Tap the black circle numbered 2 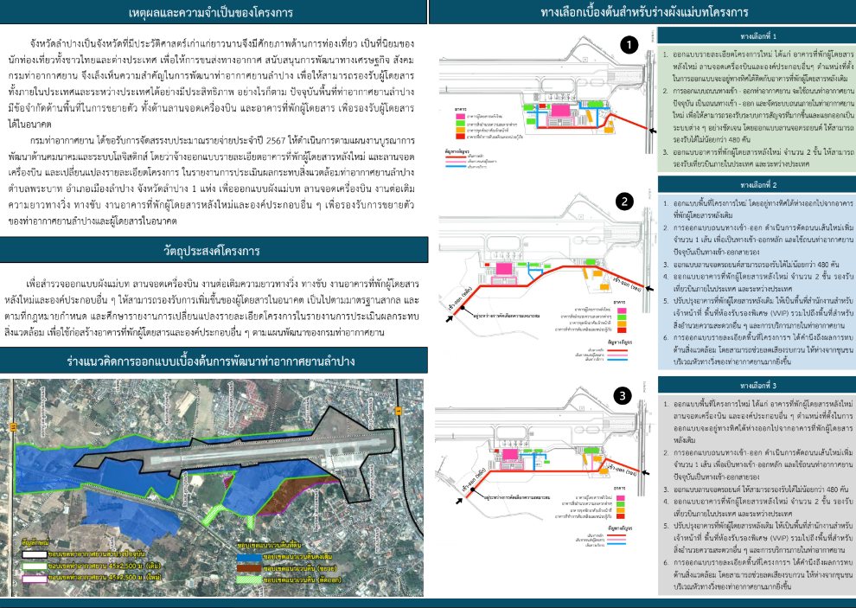tap(625, 202)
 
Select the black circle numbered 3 tap(620, 396)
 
